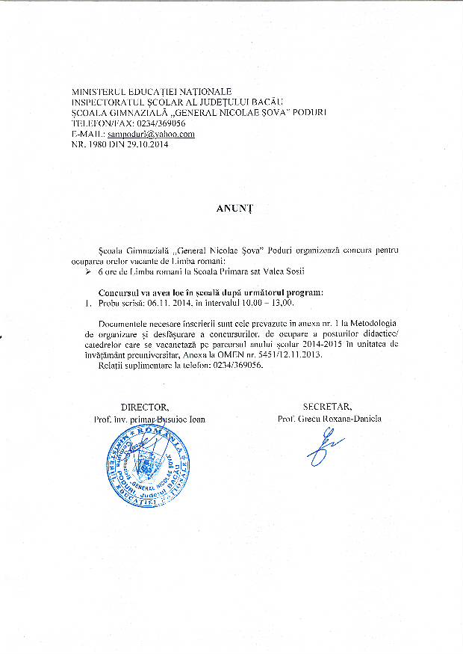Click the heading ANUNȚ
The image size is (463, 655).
pos(231,209)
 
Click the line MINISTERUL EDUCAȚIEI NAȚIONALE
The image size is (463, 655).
pos(151,90)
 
